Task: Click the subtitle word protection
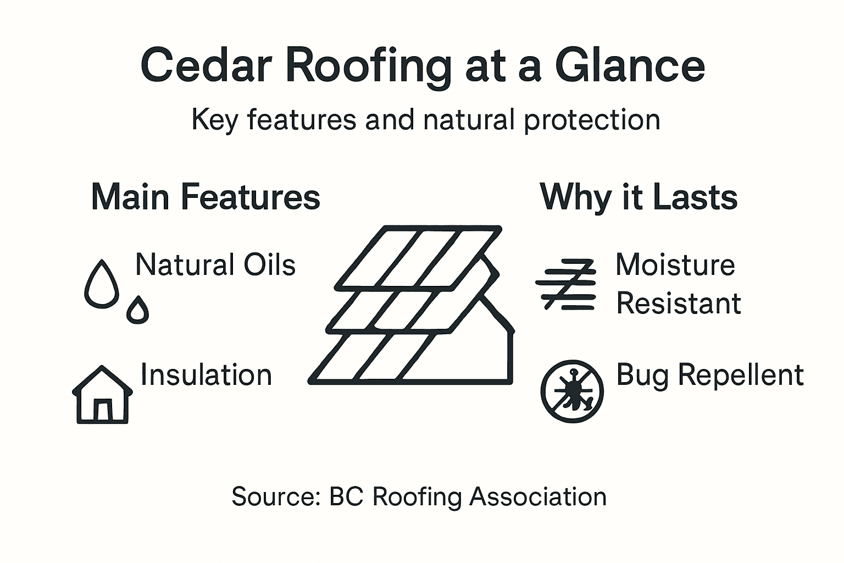[x=592, y=120]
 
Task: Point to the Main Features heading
[x=206, y=197]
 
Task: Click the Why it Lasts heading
[x=638, y=197]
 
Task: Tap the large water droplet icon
[x=102, y=285]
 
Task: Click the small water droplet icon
[x=137, y=311]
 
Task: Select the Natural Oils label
[x=215, y=265]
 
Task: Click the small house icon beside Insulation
[x=102, y=395]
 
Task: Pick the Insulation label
[x=206, y=376]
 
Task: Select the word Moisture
[x=675, y=265]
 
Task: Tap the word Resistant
[x=679, y=303]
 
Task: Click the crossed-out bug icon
[x=572, y=391]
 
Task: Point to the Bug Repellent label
[x=709, y=376]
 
